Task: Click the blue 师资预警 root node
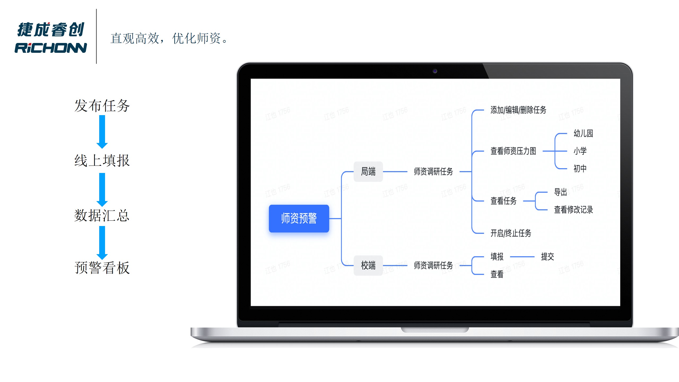tap(299, 218)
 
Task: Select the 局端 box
tap(368, 171)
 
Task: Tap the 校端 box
tap(368, 265)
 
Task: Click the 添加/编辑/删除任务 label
tap(518, 110)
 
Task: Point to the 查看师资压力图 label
tap(513, 151)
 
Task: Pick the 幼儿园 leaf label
tap(583, 133)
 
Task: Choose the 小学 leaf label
tap(580, 151)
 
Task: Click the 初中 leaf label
tap(580, 168)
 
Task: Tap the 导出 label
tap(560, 192)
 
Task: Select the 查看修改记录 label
tap(573, 210)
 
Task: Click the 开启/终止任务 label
tap(511, 233)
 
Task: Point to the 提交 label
tap(547, 257)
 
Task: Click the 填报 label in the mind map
tap(497, 257)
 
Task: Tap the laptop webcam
tap(435, 71)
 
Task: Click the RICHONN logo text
tap(51, 48)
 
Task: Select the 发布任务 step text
tap(102, 106)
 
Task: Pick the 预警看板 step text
tap(102, 267)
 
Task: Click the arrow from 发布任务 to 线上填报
tap(102, 132)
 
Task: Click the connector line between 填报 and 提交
tap(522, 257)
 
